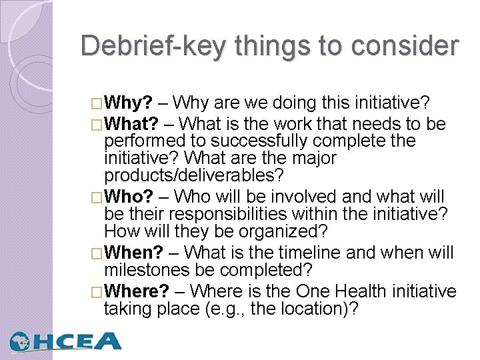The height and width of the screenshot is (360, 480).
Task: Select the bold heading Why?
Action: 129,103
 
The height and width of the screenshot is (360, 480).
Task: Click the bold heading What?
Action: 132,124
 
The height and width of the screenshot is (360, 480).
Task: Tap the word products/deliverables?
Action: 194,176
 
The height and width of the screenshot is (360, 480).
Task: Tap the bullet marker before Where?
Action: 99,292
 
